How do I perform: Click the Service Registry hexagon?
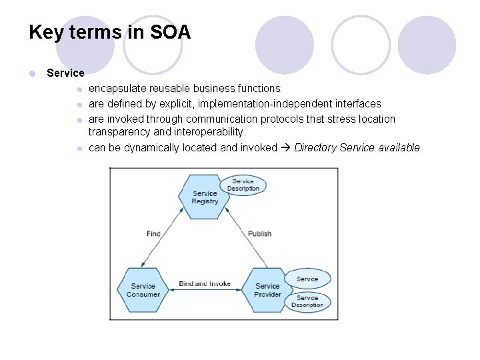205,197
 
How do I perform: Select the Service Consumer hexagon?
143,290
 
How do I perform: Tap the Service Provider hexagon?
267,290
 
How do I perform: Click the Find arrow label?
153,233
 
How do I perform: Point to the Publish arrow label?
260,233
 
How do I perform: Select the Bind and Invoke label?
205,283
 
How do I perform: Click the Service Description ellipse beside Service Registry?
243,185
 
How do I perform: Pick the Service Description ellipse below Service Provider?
307,301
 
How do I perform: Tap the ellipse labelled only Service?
307,279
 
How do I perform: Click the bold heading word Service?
65,73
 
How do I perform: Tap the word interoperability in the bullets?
209,132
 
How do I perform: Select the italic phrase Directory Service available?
357,147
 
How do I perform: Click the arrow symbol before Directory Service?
285,147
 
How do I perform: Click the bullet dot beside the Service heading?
31,73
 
